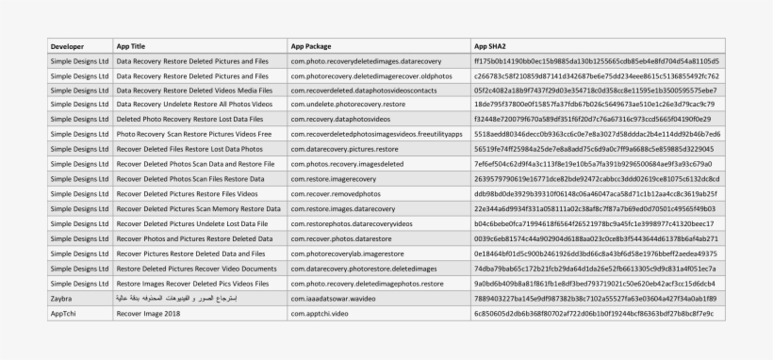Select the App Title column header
pos(131,45)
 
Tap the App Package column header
pos(311,45)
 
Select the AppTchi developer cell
pos(63,313)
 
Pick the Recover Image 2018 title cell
pos(148,313)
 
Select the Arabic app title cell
pos(173,299)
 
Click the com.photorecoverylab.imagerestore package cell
pos(354,254)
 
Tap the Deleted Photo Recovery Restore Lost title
pos(189,120)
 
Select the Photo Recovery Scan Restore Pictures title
pos(193,134)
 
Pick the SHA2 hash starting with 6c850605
pos(593,313)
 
